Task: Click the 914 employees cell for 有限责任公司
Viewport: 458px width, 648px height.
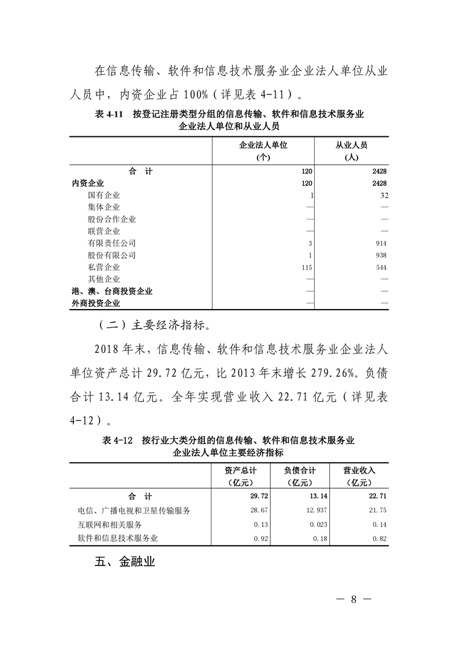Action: [x=380, y=243]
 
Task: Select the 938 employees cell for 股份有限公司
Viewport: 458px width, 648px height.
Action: [x=380, y=255]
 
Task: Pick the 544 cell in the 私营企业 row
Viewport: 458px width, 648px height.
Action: [x=380, y=267]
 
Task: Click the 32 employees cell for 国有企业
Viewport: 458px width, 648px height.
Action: [x=382, y=195]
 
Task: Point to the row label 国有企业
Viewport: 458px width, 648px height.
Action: [x=104, y=195]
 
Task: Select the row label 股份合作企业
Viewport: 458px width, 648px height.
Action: [x=112, y=219]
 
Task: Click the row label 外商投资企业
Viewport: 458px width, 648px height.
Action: [x=96, y=303]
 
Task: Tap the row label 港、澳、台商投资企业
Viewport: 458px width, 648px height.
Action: [x=112, y=292]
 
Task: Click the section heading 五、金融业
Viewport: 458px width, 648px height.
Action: [x=125, y=563]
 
